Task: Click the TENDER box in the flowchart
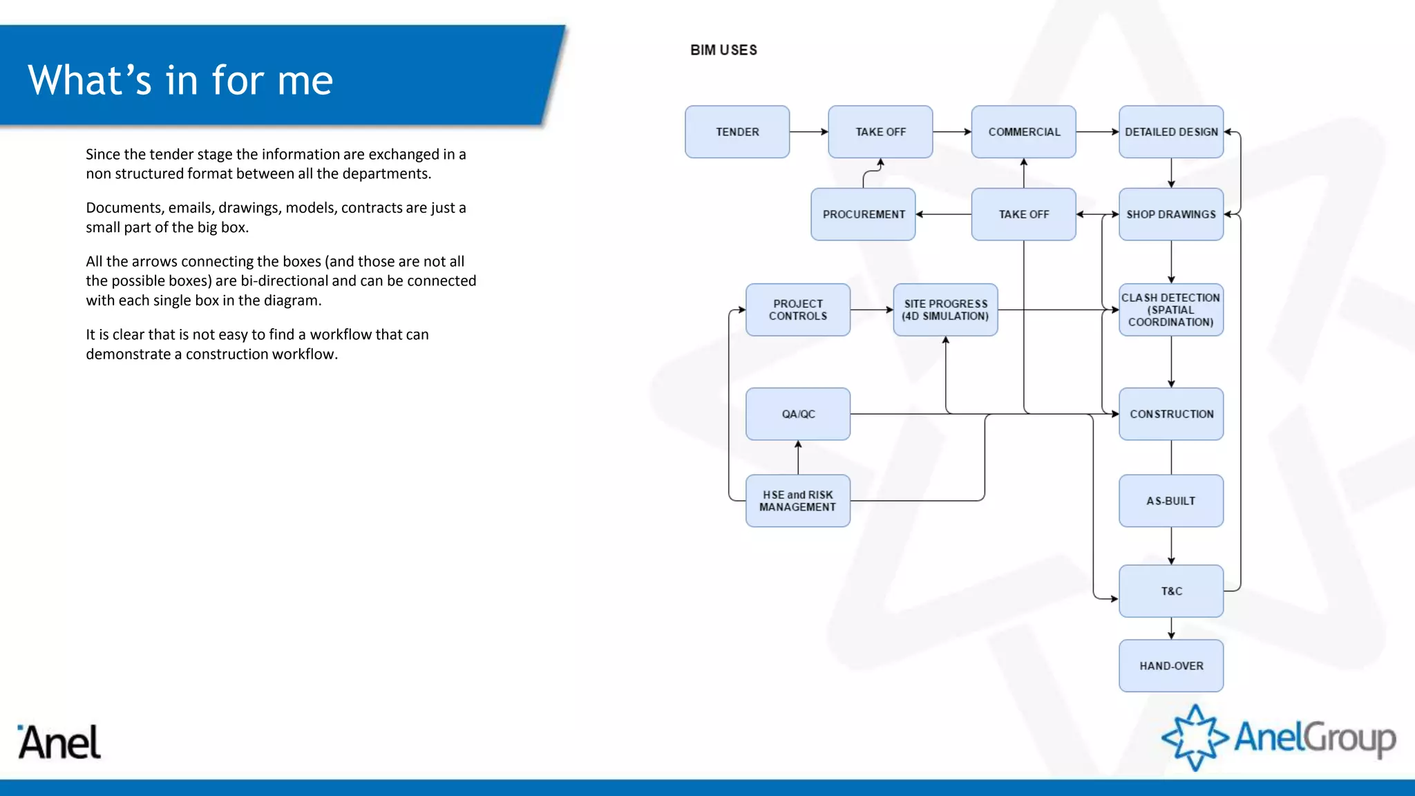737,132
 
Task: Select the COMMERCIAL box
1023,132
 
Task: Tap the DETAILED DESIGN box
1170,132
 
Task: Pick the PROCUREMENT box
863,214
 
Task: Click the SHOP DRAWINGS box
1170,214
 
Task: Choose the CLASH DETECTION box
1170,310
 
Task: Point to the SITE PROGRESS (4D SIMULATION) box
945,310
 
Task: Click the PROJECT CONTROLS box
797,310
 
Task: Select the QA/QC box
797,414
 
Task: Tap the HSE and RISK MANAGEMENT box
797,501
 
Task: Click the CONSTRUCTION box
1170,414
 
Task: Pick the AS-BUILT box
1170,501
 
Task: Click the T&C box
1170,591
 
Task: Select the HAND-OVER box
1170,665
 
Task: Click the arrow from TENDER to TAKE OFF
808,132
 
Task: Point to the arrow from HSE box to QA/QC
798,457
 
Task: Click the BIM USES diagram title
723,50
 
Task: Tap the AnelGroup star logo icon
1195,737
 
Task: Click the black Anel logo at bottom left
59,743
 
